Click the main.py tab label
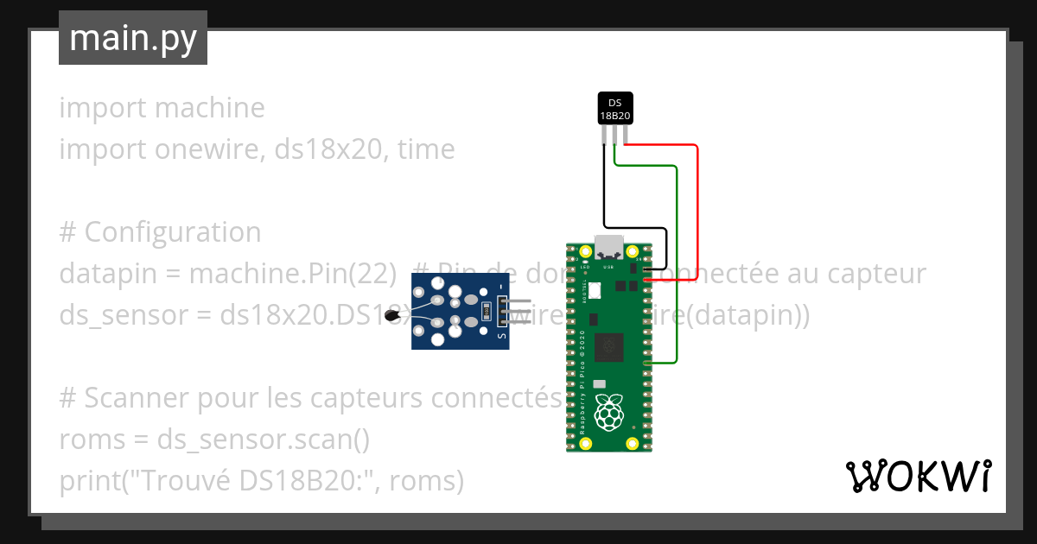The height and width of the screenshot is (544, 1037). click(132, 38)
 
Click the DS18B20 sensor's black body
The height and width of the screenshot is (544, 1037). click(615, 109)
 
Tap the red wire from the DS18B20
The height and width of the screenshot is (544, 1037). click(697, 207)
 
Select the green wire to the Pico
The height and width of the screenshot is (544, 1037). click(676, 259)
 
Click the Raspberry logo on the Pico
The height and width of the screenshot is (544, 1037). click(610, 413)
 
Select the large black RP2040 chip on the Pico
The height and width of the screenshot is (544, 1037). click(612, 349)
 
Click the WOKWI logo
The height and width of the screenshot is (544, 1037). click(918, 476)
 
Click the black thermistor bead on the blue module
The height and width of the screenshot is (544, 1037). click(393, 316)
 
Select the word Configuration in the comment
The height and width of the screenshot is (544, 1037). click(173, 232)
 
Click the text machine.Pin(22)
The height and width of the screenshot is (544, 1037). click(293, 274)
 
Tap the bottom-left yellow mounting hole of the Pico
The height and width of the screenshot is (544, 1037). click(586, 443)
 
